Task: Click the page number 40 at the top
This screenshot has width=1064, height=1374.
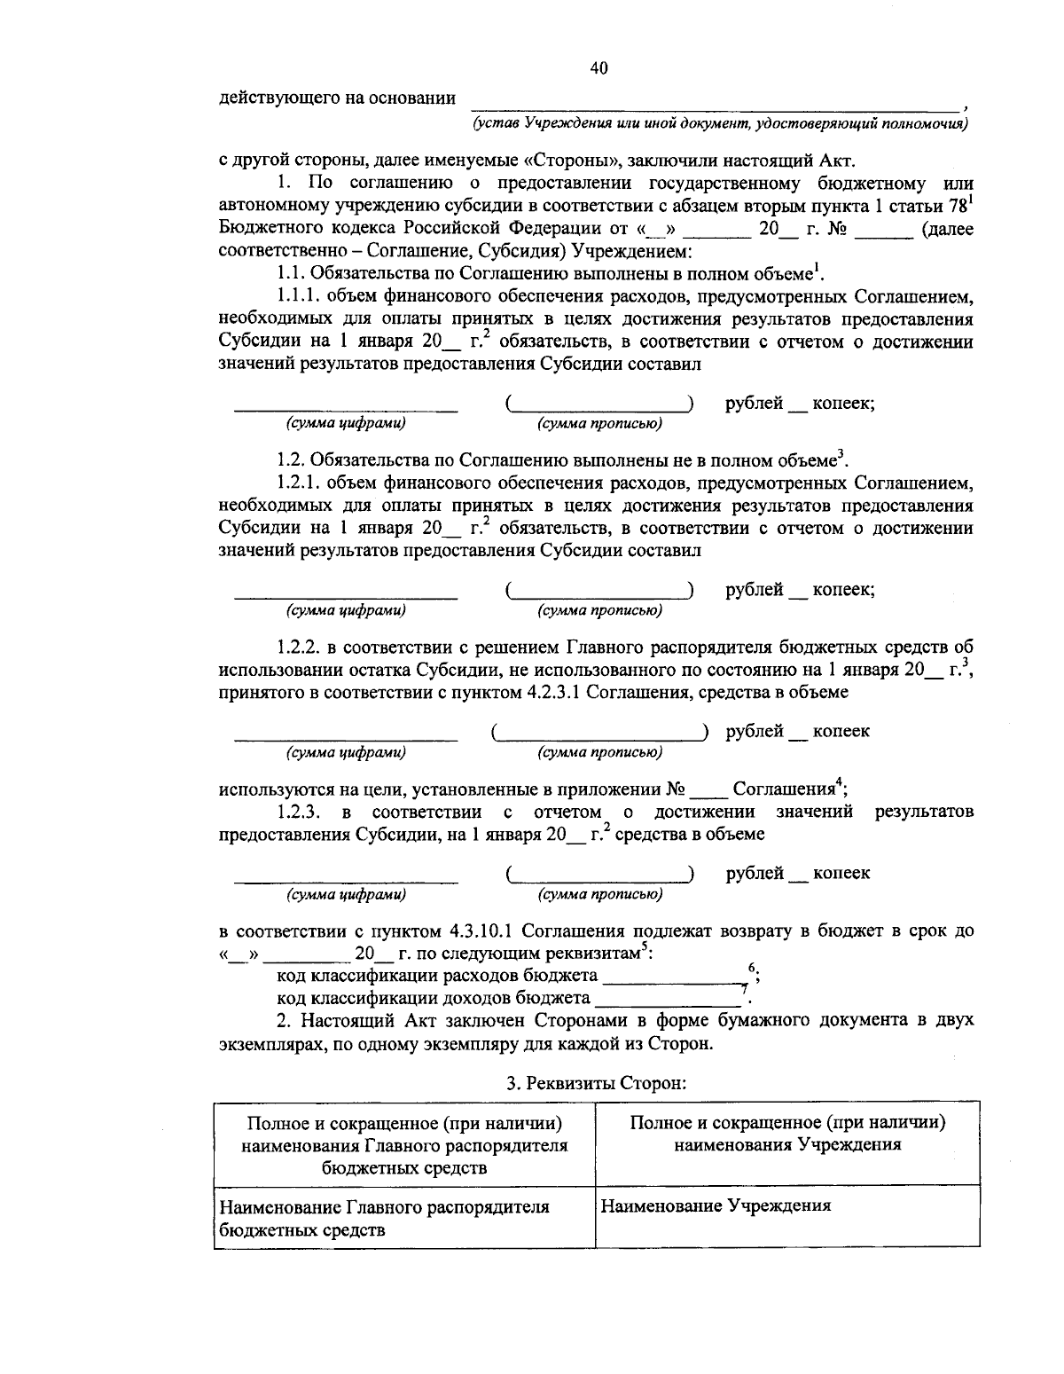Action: [598, 69]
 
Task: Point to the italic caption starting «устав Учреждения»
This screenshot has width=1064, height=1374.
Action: [719, 123]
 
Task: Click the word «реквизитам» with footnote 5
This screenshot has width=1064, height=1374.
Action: [592, 954]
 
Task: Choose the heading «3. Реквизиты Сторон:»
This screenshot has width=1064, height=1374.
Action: [597, 1082]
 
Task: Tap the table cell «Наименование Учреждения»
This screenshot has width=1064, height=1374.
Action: [716, 1206]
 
